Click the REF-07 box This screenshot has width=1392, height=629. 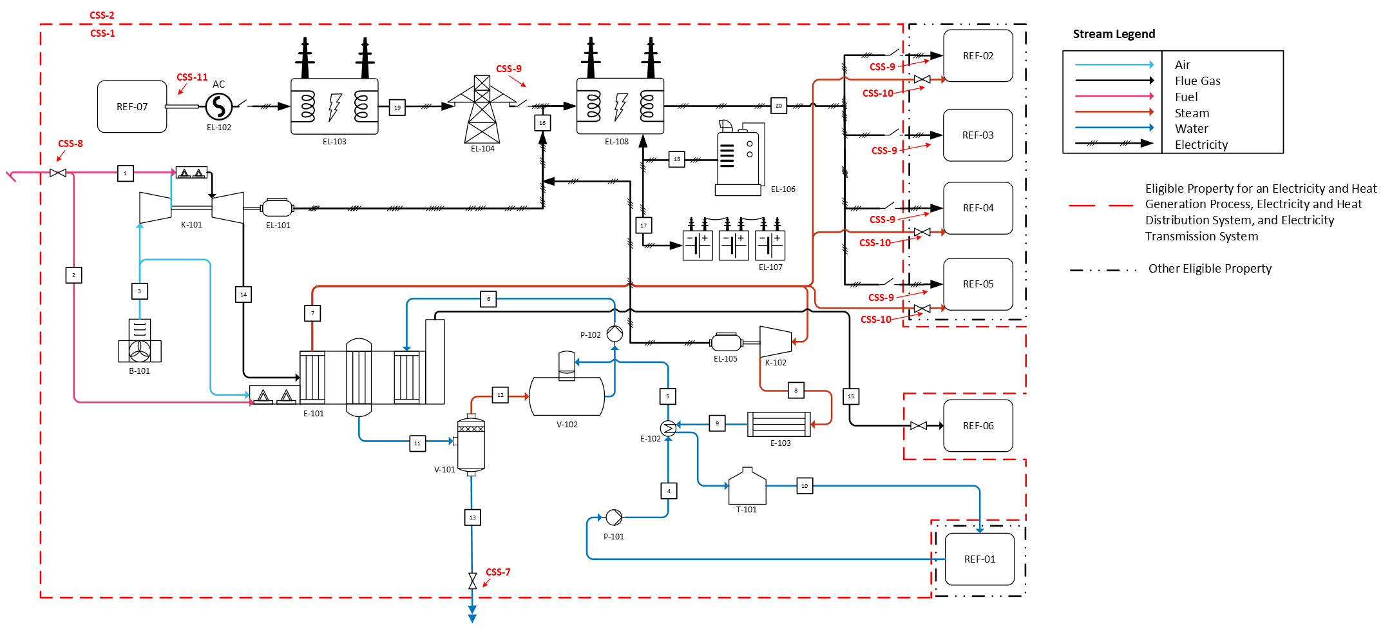pos(132,106)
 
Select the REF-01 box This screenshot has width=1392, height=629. pos(979,559)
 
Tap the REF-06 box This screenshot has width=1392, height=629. pos(978,425)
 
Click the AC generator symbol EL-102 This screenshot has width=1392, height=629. pos(219,106)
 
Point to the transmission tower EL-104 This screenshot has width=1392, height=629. pos(482,109)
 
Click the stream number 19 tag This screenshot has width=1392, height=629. pos(397,107)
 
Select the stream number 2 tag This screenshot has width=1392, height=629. pos(73,275)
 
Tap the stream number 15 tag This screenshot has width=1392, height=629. pos(851,396)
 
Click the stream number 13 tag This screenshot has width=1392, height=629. pos(473,518)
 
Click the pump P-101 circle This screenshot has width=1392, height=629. pos(614,517)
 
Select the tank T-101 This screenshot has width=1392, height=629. pos(747,486)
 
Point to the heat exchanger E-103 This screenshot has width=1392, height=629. pos(779,424)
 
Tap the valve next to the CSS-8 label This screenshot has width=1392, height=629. pos(58,173)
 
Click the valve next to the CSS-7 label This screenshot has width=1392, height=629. pos(473,581)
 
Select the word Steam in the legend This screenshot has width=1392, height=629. pos(1192,113)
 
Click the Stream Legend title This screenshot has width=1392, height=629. pos(1114,34)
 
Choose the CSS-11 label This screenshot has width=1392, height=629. pos(192,77)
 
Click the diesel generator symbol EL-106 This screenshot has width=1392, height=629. pos(740,158)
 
